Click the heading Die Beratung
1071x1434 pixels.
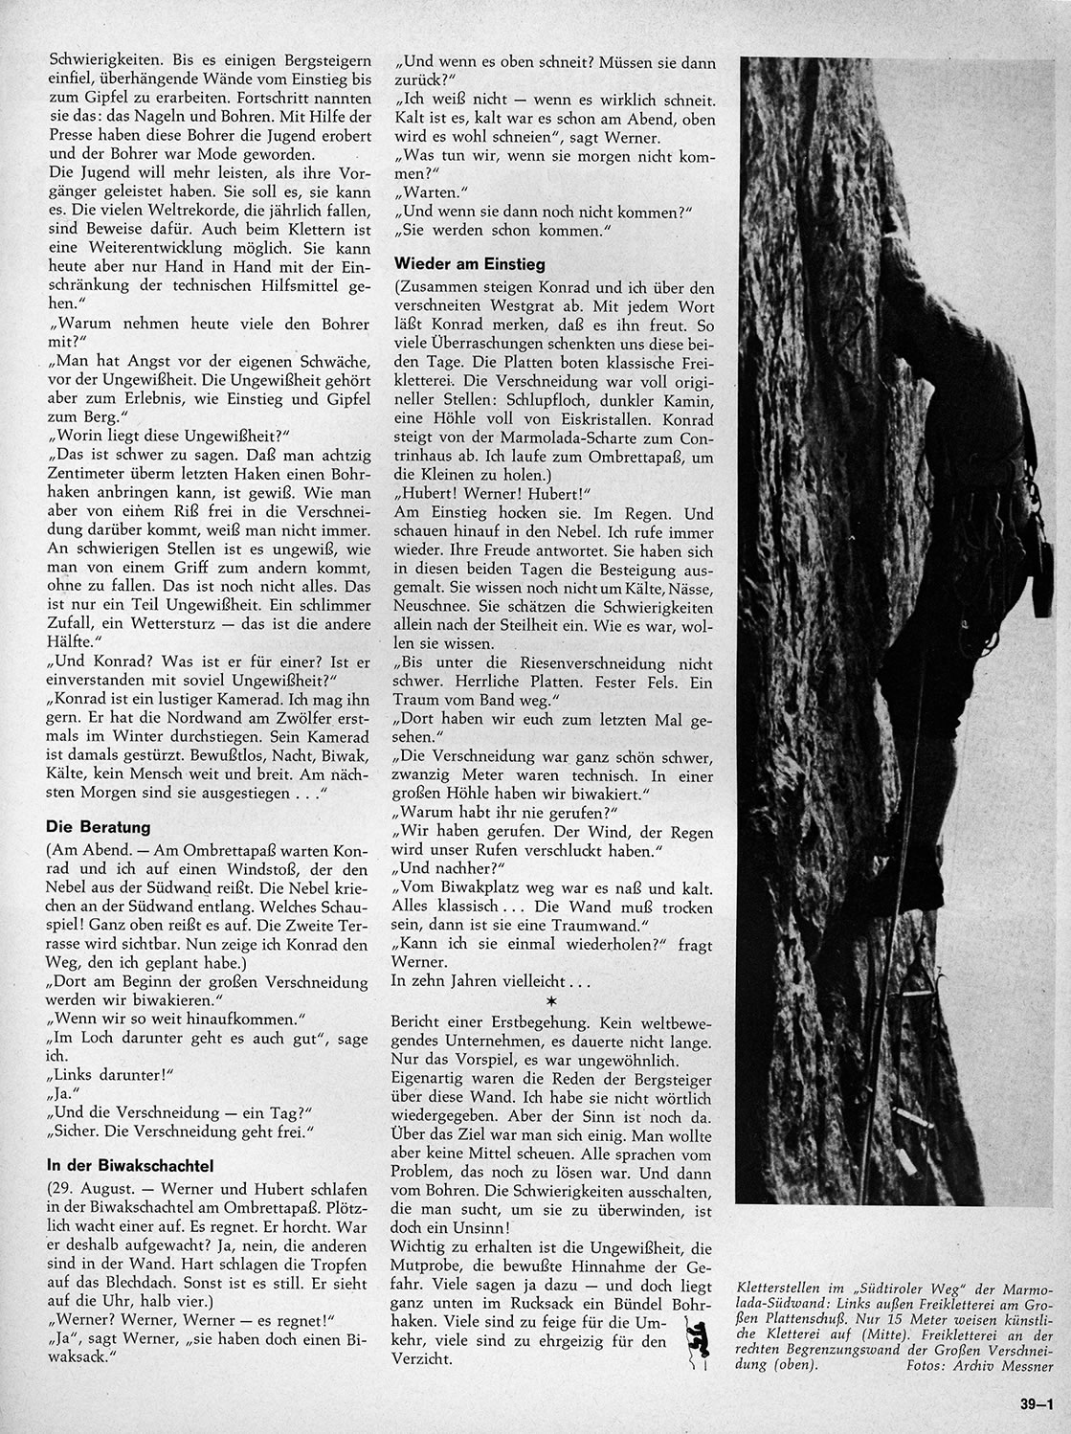[x=97, y=825]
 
